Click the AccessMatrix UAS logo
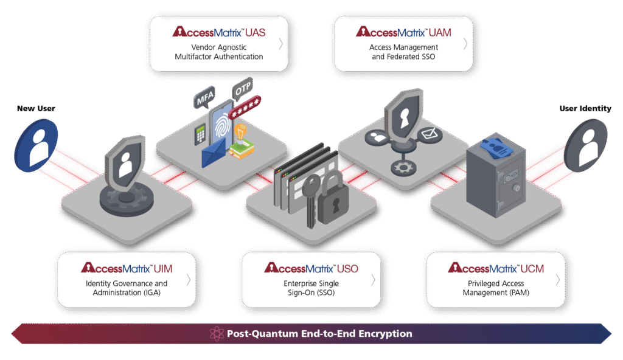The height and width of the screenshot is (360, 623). click(x=219, y=32)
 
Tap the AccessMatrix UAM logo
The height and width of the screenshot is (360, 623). click(x=403, y=32)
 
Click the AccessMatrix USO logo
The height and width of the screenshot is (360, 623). click(x=311, y=268)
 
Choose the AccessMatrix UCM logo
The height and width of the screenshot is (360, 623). click(x=496, y=268)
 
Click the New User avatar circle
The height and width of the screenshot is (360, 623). click(x=36, y=145)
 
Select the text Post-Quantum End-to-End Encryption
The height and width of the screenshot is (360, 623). click(x=319, y=334)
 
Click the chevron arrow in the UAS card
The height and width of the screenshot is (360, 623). click(x=280, y=44)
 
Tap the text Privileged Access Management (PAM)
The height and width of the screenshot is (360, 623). click(x=496, y=288)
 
